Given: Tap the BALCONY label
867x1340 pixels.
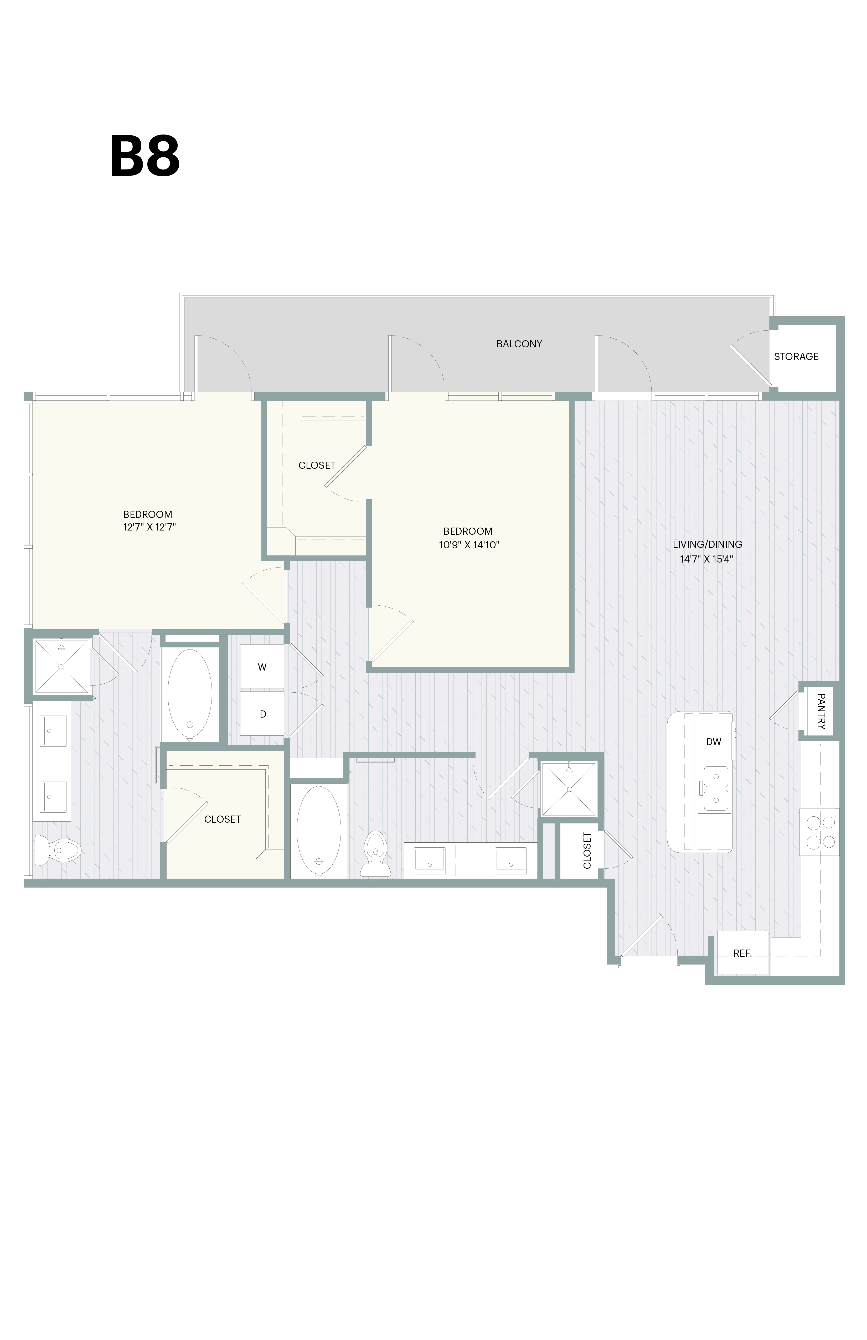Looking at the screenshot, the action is [519, 344].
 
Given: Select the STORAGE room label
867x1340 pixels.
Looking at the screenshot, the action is [796, 356].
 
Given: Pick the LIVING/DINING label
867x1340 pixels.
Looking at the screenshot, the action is [707, 544].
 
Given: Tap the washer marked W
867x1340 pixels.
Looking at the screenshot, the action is [262, 667].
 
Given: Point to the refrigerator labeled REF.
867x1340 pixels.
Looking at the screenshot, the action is [742, 953].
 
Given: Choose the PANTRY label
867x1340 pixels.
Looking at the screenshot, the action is [821, 712].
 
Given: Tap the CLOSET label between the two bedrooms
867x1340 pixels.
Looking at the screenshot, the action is [317, 465].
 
